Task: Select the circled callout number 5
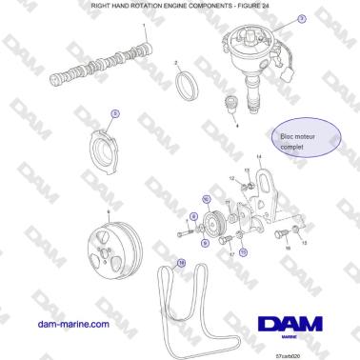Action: click(x=115, y=114)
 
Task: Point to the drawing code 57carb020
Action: click(x=288, y=352)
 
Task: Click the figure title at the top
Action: click(x=180, y=6)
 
